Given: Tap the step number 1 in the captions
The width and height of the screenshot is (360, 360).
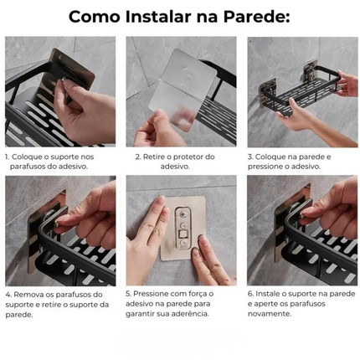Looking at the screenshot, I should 7,157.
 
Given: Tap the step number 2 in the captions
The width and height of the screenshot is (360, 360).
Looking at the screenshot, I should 137,157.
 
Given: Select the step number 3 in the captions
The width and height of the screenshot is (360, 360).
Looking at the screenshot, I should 250,157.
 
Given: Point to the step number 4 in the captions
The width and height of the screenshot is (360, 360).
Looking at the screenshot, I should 8,294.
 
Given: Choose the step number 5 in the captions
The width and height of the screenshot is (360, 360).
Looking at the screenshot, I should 128,294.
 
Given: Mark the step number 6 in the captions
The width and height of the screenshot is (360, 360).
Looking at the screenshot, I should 249,294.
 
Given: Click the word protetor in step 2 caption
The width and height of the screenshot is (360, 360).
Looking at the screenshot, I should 189,157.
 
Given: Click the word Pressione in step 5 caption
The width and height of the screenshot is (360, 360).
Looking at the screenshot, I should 151,294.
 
